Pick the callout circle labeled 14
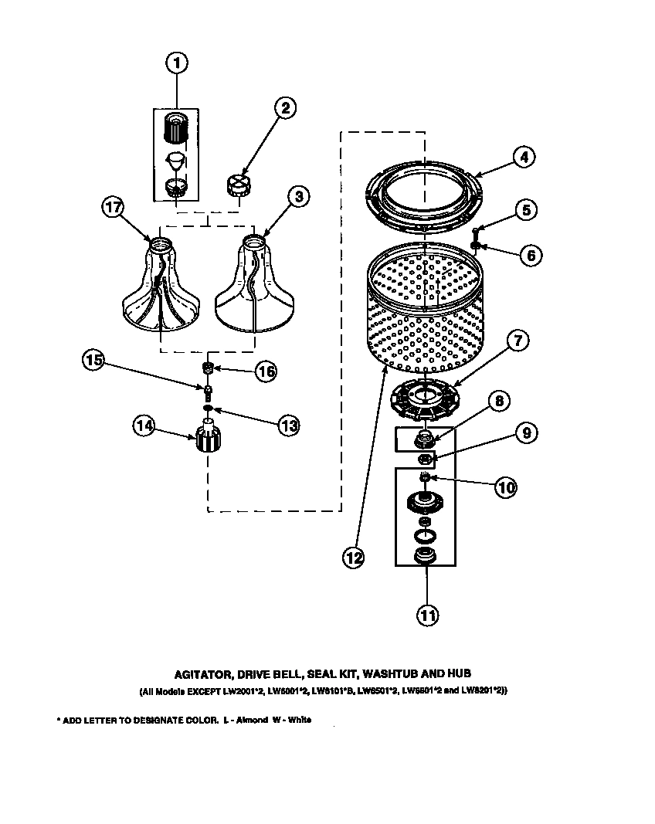144,426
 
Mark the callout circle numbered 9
525,433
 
